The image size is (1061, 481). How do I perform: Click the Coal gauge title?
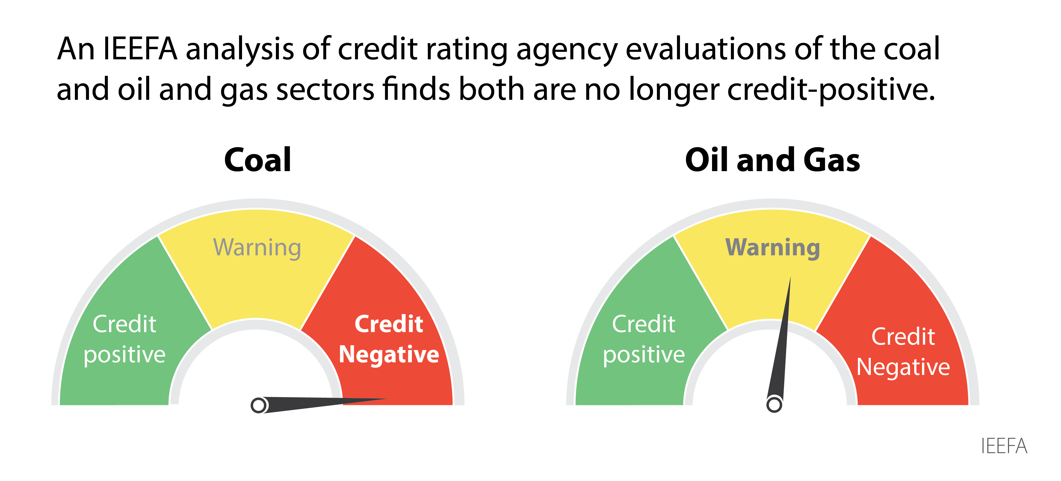257,160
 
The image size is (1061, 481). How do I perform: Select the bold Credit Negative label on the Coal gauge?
389,339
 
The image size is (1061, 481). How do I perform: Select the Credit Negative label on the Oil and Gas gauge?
903,352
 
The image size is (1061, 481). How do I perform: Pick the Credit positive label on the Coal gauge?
124,339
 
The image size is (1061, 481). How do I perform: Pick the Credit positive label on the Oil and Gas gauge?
644,339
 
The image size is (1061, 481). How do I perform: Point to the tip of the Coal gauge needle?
386,399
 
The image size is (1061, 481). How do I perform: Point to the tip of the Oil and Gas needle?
790,278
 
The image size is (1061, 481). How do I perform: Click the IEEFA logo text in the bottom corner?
1004,446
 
